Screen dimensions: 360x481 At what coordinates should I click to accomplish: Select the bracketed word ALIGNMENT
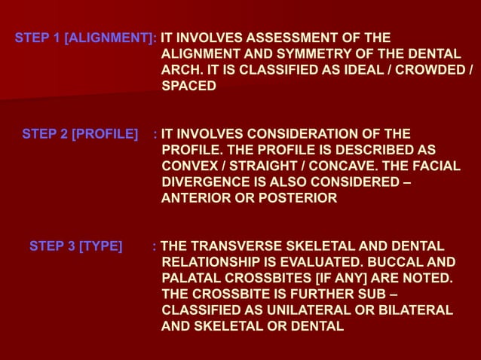coord(110,38)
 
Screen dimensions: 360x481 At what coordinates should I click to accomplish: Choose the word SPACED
coord(189,87)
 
